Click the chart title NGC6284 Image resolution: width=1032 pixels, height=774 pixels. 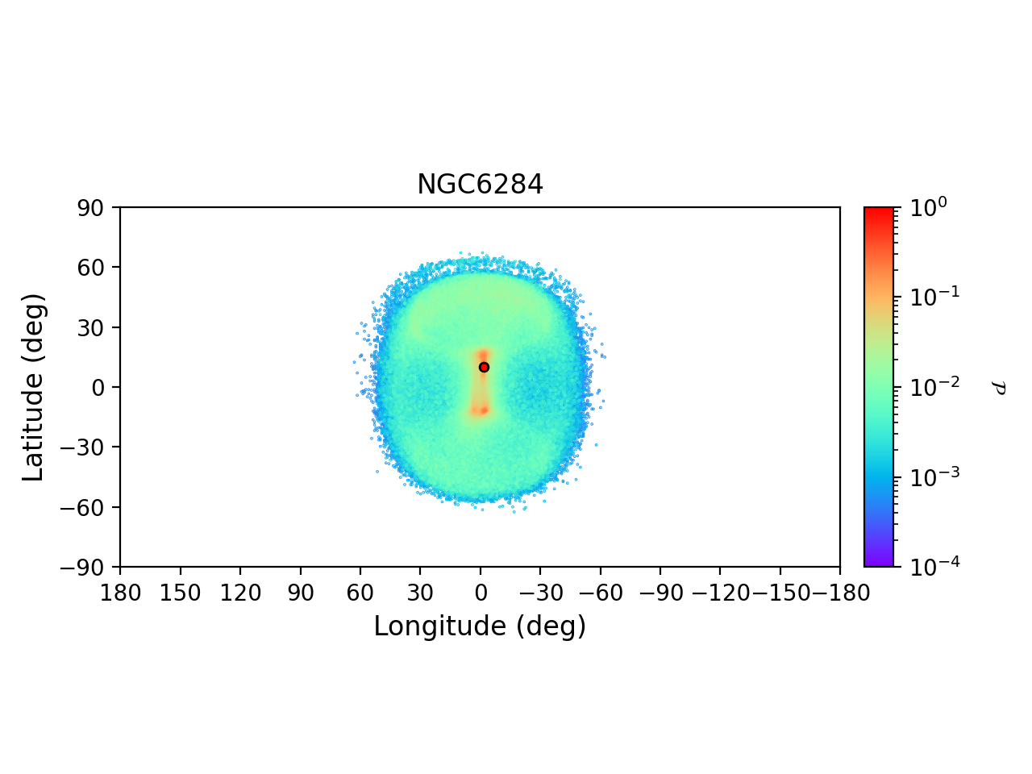click(480, 185)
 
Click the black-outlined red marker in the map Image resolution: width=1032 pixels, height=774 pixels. click(484, 367)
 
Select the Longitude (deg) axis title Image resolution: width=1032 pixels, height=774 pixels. click(480, 626)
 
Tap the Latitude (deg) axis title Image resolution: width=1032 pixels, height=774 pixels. click(33, 387)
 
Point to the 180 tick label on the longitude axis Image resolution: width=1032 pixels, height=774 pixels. click(120, 593)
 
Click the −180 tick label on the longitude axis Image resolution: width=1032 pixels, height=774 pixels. click(838, 593)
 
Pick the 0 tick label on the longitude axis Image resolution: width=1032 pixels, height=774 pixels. click(481, 593)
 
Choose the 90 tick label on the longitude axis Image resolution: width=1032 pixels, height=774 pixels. click(300, 593)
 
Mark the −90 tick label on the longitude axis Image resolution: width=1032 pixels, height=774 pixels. click(660, 593)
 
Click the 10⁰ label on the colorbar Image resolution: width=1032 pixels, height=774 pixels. click(928, 207)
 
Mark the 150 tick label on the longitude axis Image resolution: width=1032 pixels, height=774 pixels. click(180, 593)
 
